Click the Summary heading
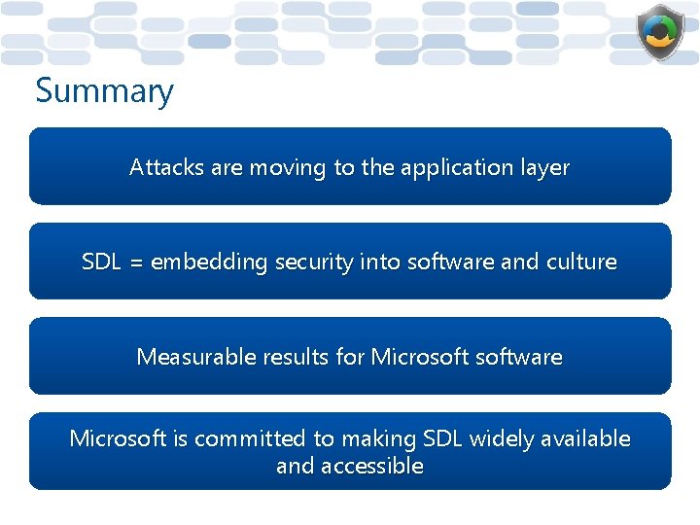tap(104, 92)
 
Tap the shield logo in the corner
tap(660, 33)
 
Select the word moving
tap(288, 167)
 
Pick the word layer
tap(544, 168)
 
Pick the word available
tap(586, 439)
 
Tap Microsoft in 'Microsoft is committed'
tap(119, 439)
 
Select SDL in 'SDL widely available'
tap(443, 439)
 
